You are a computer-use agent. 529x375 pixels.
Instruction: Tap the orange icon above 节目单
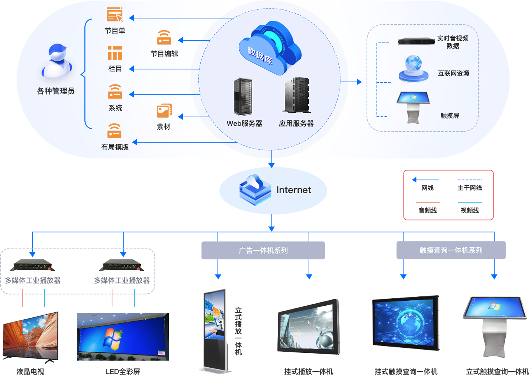(115, 15)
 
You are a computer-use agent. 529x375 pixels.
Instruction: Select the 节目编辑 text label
(164, 54)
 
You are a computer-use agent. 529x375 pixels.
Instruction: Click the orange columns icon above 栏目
(115, 53)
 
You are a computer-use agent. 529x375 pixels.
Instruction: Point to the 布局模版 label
(115, 147)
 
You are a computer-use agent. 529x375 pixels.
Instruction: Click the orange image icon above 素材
(164, 111)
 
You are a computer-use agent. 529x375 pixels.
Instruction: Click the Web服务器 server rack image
(243, 96)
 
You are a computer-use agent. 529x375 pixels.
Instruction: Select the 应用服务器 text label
(296, 123)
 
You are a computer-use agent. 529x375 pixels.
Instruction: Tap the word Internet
(294, 190)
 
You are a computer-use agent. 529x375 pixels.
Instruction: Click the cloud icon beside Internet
(255, 190)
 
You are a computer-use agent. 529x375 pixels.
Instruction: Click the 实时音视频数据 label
(453, 42)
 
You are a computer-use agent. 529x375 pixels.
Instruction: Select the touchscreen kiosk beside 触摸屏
(413, 106)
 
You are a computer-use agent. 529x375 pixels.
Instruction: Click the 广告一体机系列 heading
(263, 250)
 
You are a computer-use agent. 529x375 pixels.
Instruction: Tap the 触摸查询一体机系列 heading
(451, 250)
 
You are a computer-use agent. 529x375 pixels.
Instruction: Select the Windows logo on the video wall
(112, 338)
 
